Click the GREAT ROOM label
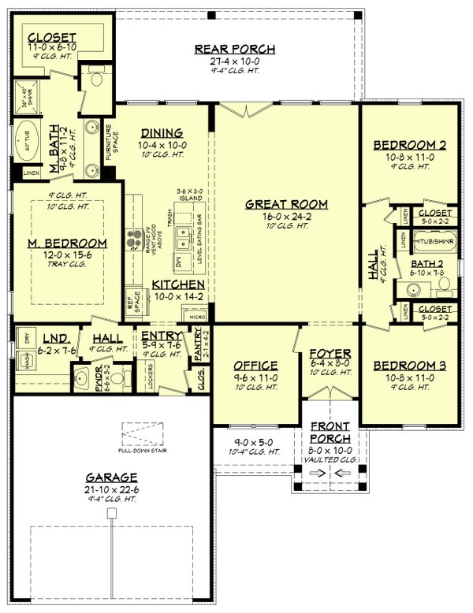point(286,204)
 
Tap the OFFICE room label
point(256,365)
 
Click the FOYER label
point(324,352)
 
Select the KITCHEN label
point(180,284)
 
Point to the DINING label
point(162,133)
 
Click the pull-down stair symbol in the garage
point(143,435)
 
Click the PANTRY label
point(199,344)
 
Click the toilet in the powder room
point(117,378)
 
